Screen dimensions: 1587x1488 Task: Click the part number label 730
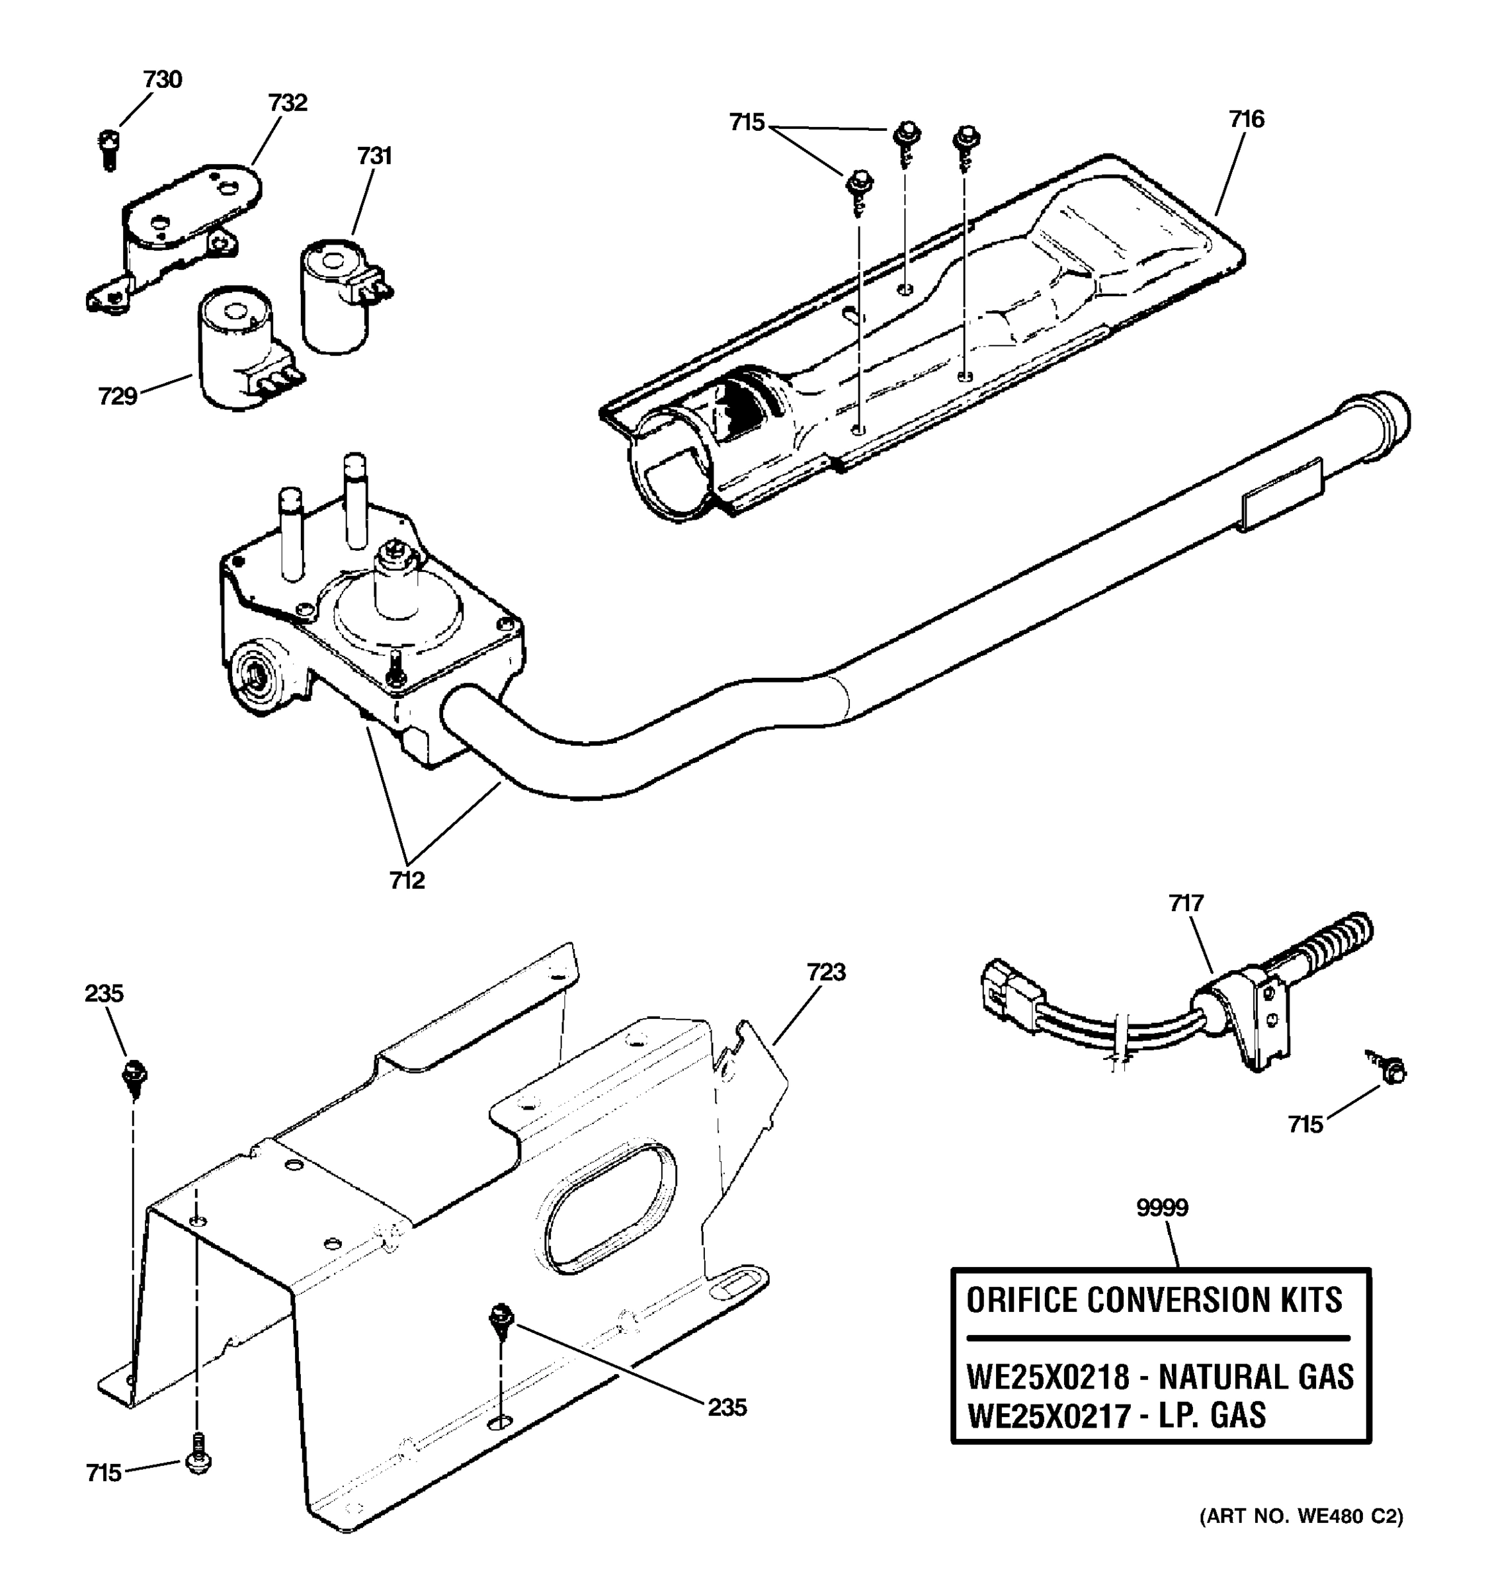tap(163, 80)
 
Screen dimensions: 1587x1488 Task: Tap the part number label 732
tap(288, 103)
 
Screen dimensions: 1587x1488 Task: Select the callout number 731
tap(374, 155)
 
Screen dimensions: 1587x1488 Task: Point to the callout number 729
tap(117, 396)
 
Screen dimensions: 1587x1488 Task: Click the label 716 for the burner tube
tap(1246, 120)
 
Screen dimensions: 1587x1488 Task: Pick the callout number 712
tap(407, 881)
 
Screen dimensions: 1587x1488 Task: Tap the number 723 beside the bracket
tap(825, 972)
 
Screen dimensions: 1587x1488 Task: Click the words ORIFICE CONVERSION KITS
tap(1154, 1301)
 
